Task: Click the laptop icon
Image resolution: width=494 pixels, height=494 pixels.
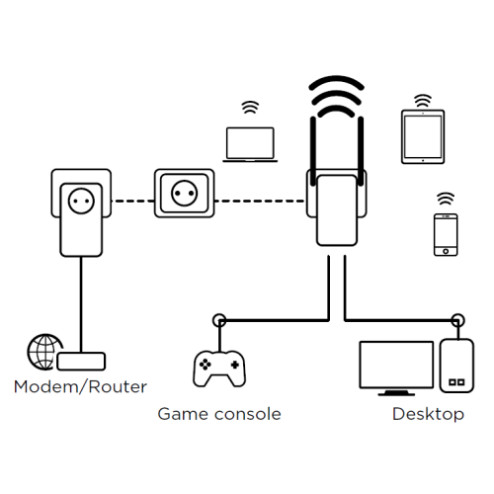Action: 250,144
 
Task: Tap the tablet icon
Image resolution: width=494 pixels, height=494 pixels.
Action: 423,136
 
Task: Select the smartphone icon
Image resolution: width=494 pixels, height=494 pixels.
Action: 446,234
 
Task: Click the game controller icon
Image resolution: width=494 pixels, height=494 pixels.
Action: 219,369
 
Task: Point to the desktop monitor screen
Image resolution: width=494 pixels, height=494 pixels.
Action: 396,365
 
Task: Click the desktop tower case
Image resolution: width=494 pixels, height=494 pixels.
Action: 456,366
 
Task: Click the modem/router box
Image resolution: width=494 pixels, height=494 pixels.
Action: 81,362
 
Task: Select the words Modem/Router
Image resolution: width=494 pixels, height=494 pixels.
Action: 80,386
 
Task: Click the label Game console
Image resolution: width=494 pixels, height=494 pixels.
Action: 219,414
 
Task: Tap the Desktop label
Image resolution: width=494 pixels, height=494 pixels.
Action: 428,414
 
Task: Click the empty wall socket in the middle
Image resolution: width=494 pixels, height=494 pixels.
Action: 185,194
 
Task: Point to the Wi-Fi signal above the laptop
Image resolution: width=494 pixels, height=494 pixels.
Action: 250,107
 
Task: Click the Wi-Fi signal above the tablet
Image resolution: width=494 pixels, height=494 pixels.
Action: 423,101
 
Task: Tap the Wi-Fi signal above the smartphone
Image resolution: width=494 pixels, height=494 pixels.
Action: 446,199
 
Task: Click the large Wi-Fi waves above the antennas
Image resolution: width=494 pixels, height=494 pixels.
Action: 336,96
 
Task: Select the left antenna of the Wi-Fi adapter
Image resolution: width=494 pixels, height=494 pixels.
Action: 313,151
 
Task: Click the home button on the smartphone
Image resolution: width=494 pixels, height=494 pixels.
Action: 446,251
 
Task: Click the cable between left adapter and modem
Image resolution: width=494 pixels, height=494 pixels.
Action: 81,304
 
